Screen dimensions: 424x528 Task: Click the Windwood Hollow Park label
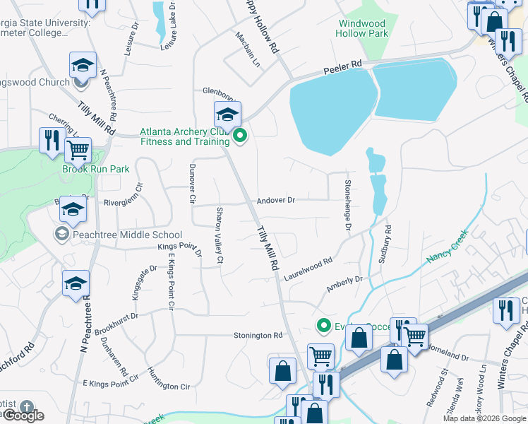coord(363,28)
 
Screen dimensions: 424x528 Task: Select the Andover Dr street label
coord(275,200)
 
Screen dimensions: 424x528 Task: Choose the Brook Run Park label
coord(96,170)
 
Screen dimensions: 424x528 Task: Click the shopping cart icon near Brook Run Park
coord(78,150)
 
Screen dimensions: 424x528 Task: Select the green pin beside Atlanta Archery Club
coord(240,136)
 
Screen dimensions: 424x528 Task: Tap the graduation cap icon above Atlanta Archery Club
coord(227,115)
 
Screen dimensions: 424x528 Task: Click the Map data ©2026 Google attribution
coord(484,418)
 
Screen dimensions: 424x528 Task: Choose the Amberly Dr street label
coord(344,284)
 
